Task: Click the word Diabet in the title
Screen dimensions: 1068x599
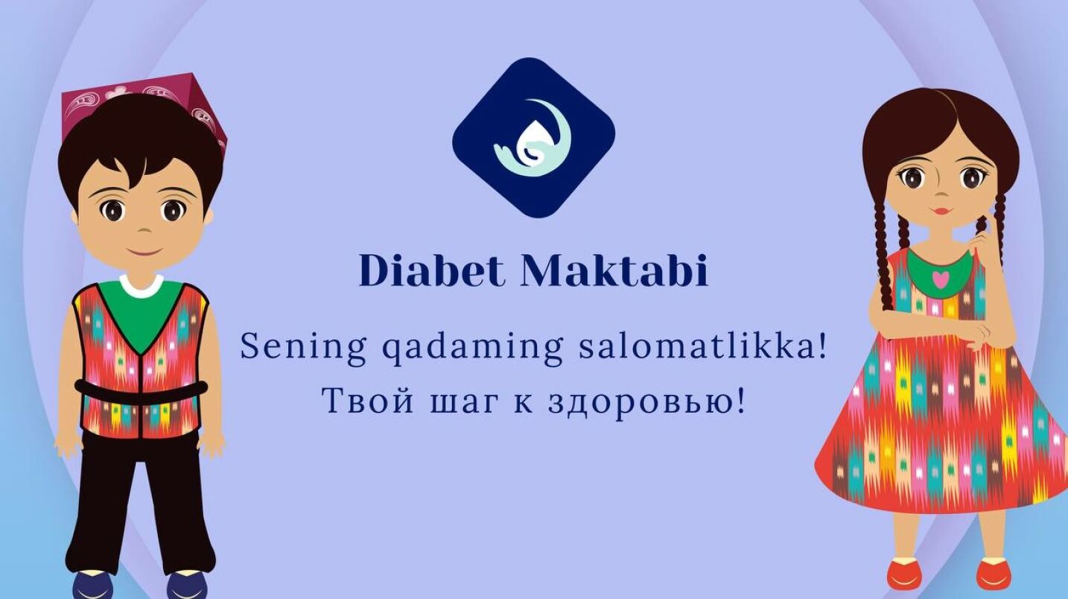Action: click(x=431, y=270)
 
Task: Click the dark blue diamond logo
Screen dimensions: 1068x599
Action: click(x=533, y=138)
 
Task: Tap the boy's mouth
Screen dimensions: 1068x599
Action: click(x=142, y=251)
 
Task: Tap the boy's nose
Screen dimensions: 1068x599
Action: click(x=141, y=231)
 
